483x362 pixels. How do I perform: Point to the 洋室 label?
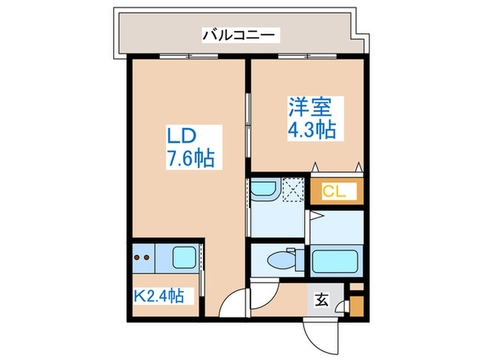(310, 108)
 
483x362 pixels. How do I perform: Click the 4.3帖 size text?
(312, 130)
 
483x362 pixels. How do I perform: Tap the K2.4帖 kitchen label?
(159, 296)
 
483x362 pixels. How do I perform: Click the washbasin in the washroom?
(264, 191)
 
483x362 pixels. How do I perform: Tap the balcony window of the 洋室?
(304, 57)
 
